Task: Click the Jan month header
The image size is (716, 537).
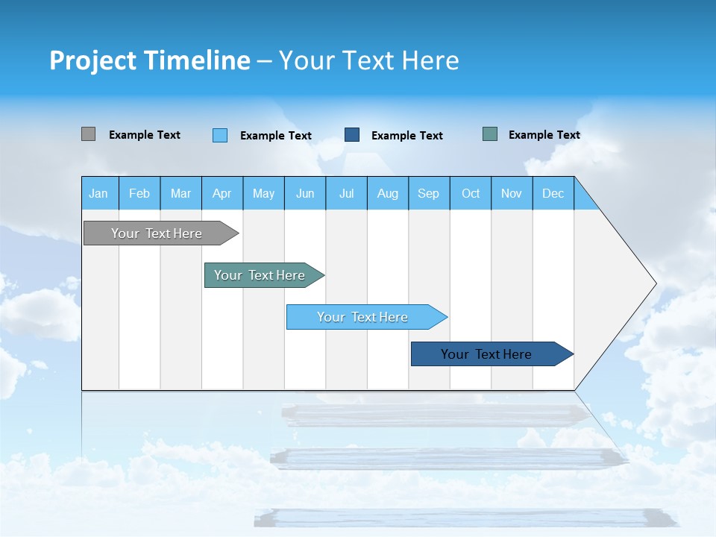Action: click(99, 193)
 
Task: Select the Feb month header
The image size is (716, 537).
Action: click(139, 193)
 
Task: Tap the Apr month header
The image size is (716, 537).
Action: click(222, 193)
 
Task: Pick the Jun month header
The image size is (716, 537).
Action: click(305, 193)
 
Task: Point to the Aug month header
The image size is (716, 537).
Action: click(388, 193)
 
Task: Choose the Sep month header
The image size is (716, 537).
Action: click(429, 193)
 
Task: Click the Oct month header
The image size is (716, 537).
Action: click(471, 193)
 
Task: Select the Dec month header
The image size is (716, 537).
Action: click(553, 193)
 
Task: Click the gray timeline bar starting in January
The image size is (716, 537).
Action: click(157, 233)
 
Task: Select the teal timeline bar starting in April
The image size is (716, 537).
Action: click(260, 275)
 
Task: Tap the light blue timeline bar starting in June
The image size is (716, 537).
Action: click(363, 317)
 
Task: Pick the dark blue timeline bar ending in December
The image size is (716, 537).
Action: click(487, 354)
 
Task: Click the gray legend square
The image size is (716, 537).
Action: click(88, 134)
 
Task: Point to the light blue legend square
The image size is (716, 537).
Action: click(220, 135)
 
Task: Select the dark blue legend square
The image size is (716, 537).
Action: click(352, 135)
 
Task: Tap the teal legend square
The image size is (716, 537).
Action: click(490, 134)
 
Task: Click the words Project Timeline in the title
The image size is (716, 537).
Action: click(150, 60)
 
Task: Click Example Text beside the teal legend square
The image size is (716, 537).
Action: click(544, 135)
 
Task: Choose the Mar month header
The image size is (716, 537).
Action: click(180, 193)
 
